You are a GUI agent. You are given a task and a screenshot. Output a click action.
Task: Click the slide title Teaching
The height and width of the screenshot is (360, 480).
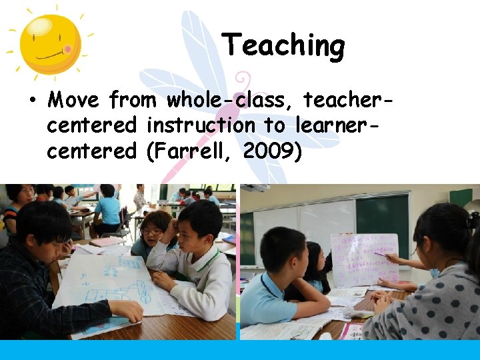pyautogui.click(x=283, y=46)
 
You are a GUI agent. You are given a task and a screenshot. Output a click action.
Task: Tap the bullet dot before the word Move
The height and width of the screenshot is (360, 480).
pyautogui.click(x=32, y=101)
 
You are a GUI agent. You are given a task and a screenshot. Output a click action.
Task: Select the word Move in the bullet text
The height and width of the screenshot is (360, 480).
pyautogui.click(x=73, y=101)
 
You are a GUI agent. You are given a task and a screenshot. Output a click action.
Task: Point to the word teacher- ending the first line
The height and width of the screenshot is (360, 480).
pyautogui.click(x=346, y=101)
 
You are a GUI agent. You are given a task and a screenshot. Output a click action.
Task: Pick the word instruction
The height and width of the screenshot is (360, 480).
pyautogui.click(x=201, y=126)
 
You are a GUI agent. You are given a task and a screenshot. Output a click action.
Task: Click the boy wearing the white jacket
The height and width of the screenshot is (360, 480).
pyautogui.click(x=193, y=260)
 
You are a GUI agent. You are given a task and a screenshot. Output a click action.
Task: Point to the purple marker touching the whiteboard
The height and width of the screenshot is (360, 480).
pyautogui.click(x=382, y=254)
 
